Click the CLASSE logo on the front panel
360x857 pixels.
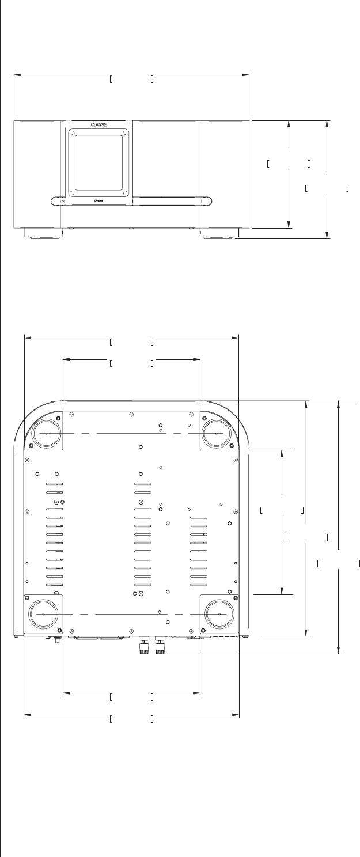98,124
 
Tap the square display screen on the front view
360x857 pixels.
98,162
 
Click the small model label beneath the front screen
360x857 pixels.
98,200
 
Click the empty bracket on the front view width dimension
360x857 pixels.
131,79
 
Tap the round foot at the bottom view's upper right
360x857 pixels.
216,433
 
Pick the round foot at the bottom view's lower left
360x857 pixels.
44,614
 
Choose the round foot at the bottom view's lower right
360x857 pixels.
220,614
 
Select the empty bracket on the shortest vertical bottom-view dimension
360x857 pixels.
281,510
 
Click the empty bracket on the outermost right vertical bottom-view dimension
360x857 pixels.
339,563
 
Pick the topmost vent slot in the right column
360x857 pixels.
198,518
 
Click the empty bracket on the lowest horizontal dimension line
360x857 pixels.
131,719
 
